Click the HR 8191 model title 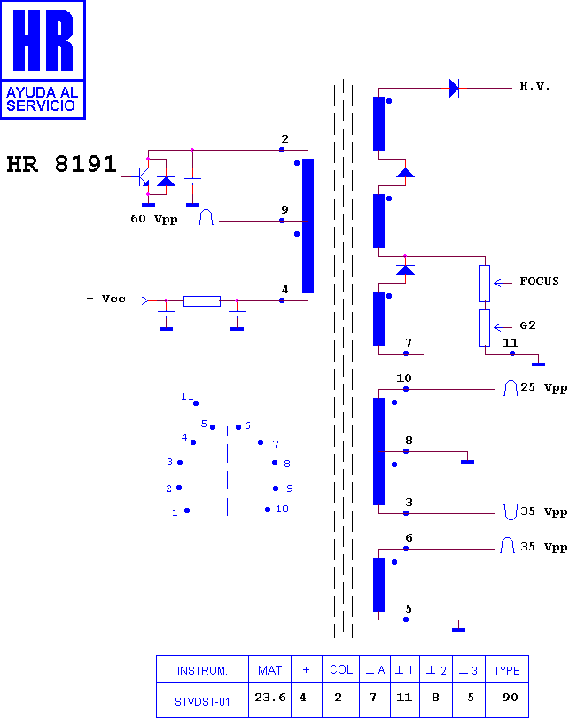(62, 164)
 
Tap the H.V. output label (534, 86)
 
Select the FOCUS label (539, 281)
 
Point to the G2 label (528, 325)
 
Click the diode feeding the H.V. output (454, 88)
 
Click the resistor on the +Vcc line (202, 300)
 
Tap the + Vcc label (106, 299)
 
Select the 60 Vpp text (154, 219)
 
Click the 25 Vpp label (544, 387)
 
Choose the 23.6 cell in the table (270, 697)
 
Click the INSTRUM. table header (202, 670)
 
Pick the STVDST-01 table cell (202, 701)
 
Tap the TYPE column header (506, 670)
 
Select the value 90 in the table (510, 697)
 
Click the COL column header (341, 669)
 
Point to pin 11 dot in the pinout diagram (196, 403)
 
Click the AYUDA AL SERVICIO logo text (41, 99)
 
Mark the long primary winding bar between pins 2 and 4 (308, 225)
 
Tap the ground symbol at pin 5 (458, 629)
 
